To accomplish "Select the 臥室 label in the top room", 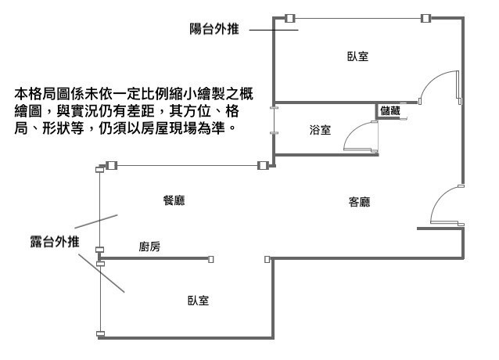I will (357, 56).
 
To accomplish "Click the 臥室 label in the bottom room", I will (198, 301).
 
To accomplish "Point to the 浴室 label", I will (320, 130).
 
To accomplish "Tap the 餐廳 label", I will (174, 200).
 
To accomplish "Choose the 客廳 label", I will (359, 201).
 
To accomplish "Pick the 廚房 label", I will (149, 247).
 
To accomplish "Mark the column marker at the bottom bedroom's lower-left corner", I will (100, 335).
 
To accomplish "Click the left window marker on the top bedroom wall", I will (289, 17).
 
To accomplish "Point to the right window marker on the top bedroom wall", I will (425, 17).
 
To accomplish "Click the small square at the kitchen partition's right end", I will (213, 257).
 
